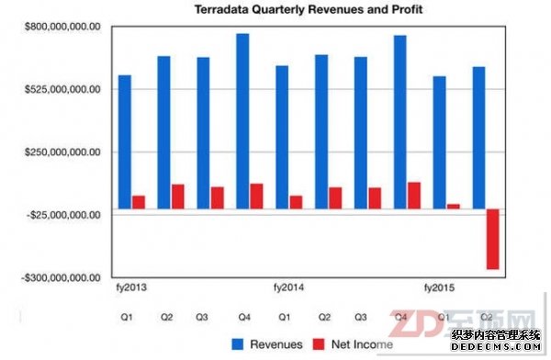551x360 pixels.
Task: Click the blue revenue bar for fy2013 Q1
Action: pos(125,141)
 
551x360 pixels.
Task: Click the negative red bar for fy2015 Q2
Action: pos(492,239)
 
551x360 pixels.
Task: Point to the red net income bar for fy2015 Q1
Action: pos(453,206)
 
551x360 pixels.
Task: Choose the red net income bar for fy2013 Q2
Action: pos(177,197)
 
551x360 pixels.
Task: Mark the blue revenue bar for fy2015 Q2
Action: pos(478,138)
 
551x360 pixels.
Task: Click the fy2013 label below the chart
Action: pos(132,288)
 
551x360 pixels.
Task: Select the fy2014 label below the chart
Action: pos(288,288)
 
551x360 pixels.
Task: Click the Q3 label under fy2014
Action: pos(361,317)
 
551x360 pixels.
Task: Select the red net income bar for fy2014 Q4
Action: pos(413,195)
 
